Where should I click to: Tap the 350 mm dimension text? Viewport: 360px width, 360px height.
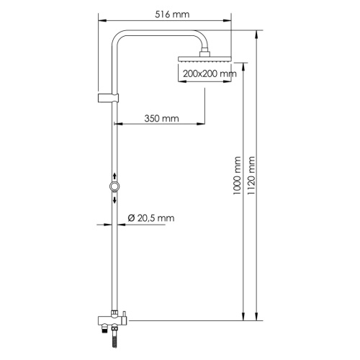click(x=161, y=118)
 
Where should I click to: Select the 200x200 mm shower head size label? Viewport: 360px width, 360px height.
click(x=210, y=73)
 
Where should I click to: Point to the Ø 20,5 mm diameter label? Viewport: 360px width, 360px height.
click(x=151, y=217)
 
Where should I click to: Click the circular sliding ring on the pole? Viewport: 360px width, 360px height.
click(x=114, y=187)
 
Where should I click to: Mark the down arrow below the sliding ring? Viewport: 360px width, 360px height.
click(x=114, y=199)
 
